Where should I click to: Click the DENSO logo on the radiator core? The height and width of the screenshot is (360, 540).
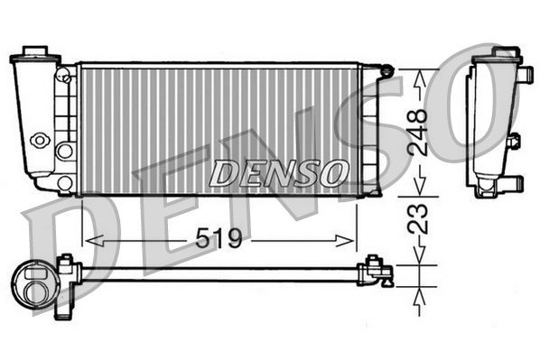278,170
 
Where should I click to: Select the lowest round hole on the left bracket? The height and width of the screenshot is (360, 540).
64,183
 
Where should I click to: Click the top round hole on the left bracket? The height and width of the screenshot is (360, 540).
65,80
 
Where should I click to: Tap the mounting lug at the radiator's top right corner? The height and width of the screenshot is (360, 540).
386,69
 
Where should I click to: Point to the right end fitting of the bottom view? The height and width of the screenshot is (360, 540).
377,271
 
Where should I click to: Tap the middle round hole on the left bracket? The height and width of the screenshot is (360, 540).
64,150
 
